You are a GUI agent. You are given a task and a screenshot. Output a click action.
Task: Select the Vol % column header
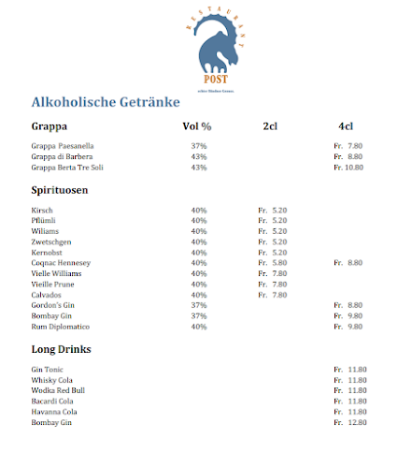point(196,126)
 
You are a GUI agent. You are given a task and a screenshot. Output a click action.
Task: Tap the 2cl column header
point(271,126)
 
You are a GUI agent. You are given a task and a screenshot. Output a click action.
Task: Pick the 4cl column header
point(346,126)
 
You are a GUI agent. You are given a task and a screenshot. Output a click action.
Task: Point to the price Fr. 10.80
point(348,168)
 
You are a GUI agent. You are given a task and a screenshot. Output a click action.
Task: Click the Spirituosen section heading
point(60,190)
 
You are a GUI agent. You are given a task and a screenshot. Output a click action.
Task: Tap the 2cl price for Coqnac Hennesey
point(272,263)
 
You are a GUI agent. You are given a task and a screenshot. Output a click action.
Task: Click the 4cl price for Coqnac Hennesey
point(348,263)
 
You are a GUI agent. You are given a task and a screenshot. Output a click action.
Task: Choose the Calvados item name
point(48,295)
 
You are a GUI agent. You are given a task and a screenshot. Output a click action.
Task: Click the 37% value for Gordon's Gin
point(198,305)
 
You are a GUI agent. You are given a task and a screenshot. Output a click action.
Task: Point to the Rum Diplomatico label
point(60,327)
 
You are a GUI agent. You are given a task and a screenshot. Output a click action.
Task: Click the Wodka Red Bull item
point(58,390)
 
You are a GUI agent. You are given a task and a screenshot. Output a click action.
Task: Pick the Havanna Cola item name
point(54,412)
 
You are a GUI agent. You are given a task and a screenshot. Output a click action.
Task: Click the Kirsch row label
point(41,211)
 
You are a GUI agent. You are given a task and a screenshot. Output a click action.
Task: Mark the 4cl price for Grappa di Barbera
point(348,157)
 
